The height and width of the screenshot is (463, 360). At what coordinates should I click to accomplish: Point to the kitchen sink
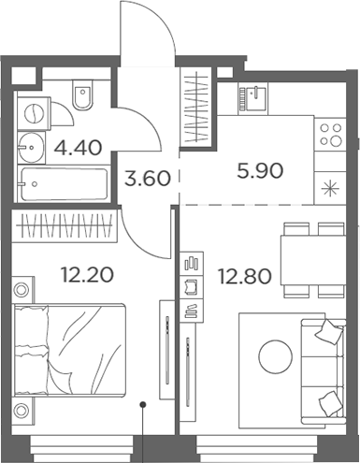[x=254, y=94]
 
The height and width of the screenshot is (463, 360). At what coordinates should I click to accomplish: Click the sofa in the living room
[x=327, y=360]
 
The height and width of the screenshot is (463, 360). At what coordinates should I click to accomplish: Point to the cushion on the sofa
[x=328, y=329]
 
